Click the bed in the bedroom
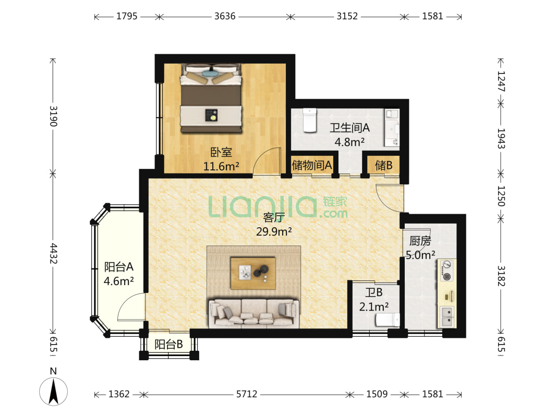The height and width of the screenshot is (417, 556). coord(211,98)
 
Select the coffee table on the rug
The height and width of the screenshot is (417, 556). coord(253,273)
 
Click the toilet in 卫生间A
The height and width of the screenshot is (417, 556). coord(309,120)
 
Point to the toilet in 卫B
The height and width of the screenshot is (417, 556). coord(388,320)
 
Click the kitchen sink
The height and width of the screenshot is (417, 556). coord(448,317)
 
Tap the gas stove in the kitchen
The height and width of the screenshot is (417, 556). coord(447,271)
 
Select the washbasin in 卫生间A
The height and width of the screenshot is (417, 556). coord(392,128)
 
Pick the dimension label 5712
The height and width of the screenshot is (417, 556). coord(246,394)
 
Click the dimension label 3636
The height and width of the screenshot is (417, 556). coord(225,16)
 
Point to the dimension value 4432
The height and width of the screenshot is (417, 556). coord(53,253)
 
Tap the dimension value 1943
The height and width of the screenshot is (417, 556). coord(501,139)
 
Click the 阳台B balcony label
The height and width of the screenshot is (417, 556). coord(168,344)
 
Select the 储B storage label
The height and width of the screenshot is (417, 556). coord(384,165)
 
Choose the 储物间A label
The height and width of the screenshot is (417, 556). coord(312,165)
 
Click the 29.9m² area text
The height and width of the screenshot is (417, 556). coord(274,232)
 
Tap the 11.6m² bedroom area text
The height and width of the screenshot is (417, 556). coord(221,166)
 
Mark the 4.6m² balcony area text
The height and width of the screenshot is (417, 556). coord(118,281)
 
